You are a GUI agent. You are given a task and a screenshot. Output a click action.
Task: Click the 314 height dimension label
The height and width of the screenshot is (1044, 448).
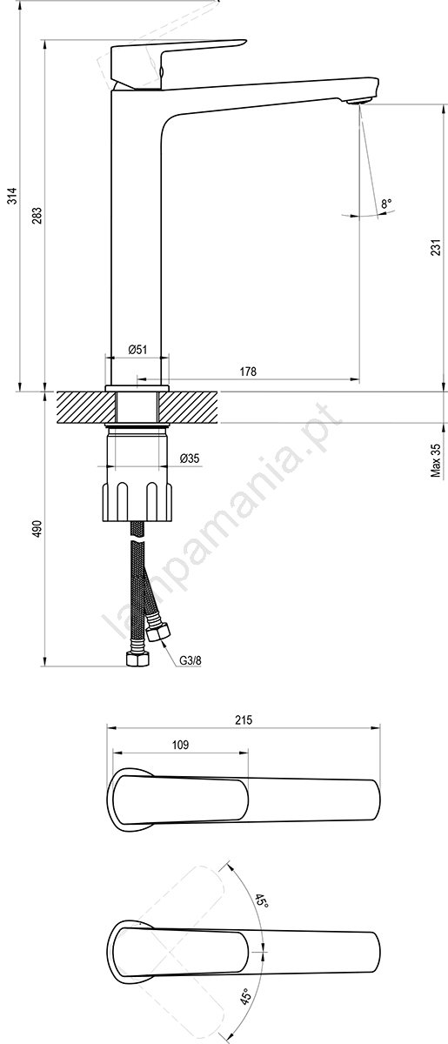point(13,195)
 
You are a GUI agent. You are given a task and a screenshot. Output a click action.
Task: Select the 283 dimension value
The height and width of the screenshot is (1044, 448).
point(37,215)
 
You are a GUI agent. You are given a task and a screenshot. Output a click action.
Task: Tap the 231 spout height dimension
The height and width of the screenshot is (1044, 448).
point(436,248)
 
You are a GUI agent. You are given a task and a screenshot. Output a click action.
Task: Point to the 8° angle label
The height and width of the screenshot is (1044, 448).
point(386,204)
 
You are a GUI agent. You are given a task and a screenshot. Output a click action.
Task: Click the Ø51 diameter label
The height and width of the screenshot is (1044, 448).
point(137,349)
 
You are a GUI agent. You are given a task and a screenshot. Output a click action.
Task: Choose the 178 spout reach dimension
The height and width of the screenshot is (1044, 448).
point(248,371)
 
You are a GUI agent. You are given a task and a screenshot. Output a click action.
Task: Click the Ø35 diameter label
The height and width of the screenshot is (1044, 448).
point(190,458)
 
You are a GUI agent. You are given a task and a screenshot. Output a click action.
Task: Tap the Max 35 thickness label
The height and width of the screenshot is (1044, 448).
point(436,460)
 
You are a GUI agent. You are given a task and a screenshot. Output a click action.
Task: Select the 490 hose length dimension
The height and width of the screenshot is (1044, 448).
point(37,528)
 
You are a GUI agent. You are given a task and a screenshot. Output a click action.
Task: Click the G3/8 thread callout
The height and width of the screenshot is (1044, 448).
point(191,660)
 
